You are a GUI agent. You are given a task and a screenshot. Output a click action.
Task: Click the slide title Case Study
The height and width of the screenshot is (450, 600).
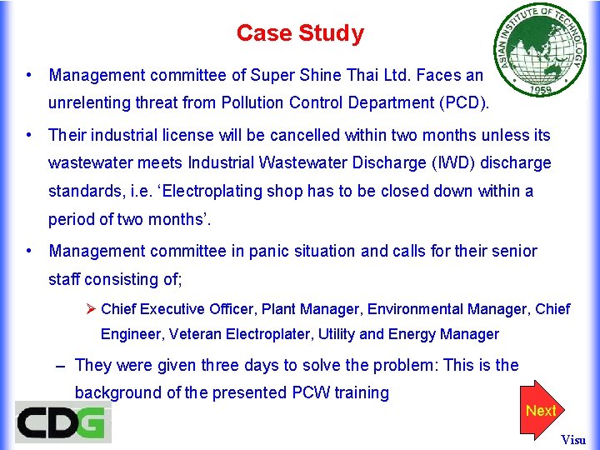tap(300, 33)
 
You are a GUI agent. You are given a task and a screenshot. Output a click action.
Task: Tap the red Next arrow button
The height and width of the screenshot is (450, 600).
tap(541, 411)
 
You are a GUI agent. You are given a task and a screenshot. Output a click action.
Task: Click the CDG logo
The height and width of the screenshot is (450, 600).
tap(62, 422)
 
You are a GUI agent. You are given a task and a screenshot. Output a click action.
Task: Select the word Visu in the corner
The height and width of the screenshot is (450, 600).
tap(573, 440)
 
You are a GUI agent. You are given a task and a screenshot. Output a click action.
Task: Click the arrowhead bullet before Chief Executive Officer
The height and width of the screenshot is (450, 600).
tap(92, 309)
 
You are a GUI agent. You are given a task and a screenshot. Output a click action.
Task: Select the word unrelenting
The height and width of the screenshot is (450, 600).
tap(90, 103)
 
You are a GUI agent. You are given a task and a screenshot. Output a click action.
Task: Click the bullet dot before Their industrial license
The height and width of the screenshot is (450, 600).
tap(29, 134)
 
